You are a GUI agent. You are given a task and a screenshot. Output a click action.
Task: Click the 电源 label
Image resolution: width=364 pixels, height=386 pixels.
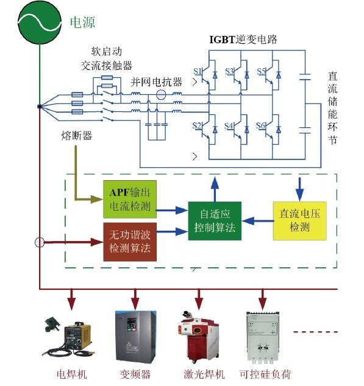[x=82, y=23]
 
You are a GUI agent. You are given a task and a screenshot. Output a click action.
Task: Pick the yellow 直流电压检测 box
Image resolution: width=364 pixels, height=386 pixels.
[x=299, y=220]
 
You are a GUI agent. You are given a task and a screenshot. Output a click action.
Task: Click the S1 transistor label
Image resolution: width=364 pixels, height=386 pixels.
[x=198, y=72]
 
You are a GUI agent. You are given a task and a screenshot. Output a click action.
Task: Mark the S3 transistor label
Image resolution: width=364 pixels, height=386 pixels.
[x=229, y=72]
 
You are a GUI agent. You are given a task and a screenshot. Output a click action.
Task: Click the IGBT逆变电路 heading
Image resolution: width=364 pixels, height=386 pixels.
[x=243, y=40]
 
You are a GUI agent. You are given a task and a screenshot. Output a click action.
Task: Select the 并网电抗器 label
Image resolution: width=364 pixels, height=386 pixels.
[x=156, y=82]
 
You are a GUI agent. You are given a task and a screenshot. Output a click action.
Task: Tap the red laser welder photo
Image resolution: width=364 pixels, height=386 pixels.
[x=199, y=337]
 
